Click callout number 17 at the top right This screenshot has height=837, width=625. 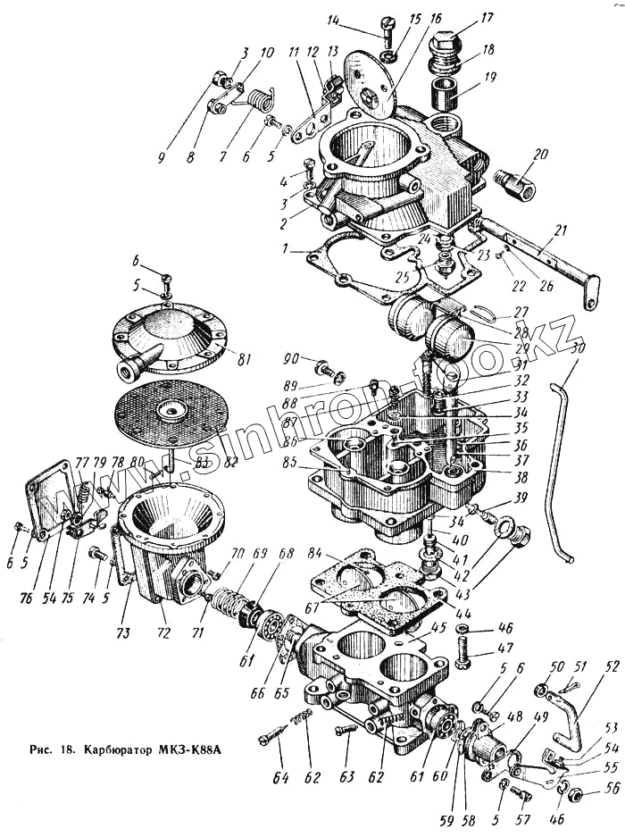pyautogui.click(x=487, y=16)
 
